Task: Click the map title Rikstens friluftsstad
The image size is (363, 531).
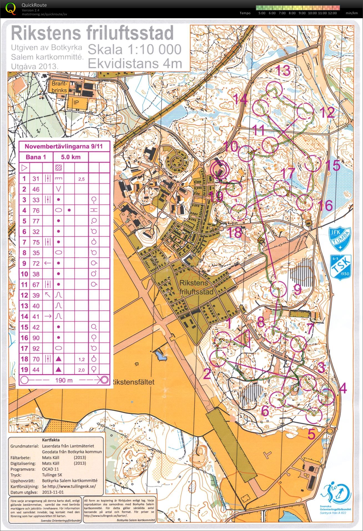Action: click(92, 33)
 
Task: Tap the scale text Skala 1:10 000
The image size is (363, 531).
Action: click(135, 50)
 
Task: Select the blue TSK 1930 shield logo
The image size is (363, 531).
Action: click(341, 266)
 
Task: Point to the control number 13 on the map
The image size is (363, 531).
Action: click(283, 71)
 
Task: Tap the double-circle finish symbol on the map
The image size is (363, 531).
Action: click(219, 170)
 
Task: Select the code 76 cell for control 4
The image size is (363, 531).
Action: click(36, 211)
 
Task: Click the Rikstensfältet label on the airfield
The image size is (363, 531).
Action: click(133, 382)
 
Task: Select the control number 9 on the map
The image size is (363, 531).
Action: click(297, 290)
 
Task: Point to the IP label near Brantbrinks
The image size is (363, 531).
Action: click(76, 102)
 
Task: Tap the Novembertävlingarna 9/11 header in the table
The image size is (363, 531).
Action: click(64, 146)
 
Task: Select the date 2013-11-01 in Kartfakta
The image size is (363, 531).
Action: click(53, 492)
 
